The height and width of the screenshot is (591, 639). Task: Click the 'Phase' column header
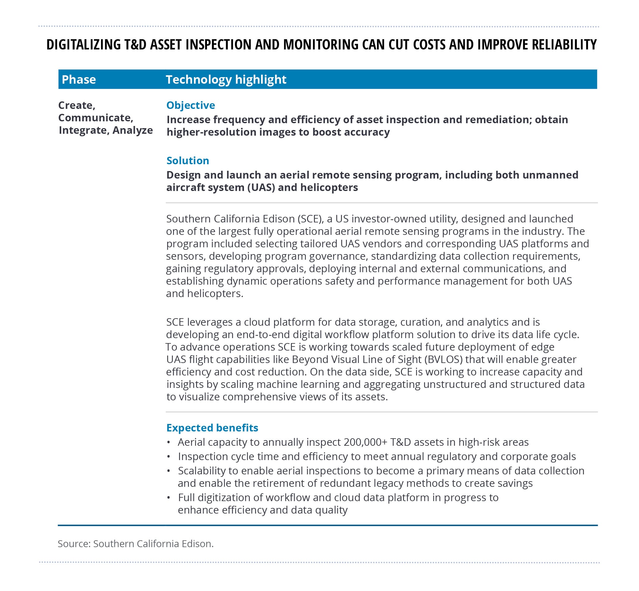click(79, 79)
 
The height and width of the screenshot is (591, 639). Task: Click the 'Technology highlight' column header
click(226, 79)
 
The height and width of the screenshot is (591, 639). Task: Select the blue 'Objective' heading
click(191, 105)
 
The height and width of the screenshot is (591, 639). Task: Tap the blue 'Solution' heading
click(188, 161)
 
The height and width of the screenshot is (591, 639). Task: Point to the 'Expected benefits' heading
click(212, 428)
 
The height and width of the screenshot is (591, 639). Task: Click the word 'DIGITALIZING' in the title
click(83, 44)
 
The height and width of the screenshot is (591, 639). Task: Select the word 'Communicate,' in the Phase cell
click(96, 118)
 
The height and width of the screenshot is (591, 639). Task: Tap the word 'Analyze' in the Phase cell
click(133, 130)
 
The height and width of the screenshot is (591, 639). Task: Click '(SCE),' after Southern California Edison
click(310, 219)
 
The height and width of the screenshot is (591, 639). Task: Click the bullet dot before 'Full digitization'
click(168, 498)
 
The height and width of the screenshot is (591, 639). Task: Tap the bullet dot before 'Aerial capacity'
click(168, 442)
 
